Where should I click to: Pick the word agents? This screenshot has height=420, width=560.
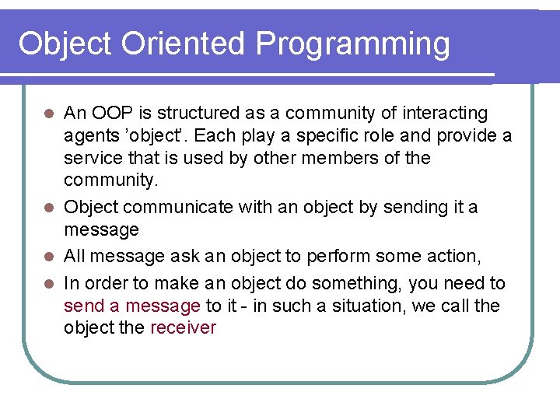coord(89,136)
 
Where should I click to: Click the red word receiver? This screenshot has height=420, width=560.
coord(183,327)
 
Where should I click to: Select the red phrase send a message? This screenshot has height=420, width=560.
coord(132,306)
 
